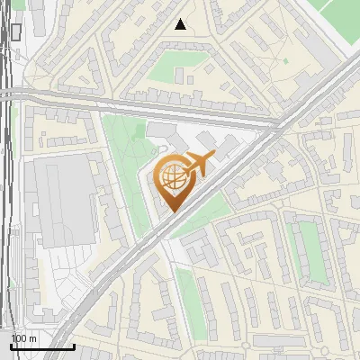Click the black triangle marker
point(182,24)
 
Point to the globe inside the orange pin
point(173,177)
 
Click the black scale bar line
point(42,346)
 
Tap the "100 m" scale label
point(24,337)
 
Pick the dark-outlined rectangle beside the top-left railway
point(16,32)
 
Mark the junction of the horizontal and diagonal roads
point(281,124)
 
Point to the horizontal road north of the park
point(135,104)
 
